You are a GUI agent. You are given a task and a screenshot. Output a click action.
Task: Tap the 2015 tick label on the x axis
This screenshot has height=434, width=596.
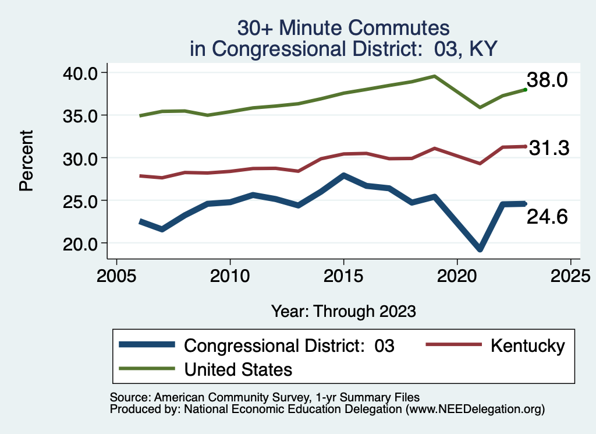[343, 274]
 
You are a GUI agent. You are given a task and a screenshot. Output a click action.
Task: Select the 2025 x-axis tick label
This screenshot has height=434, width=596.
[570, 274]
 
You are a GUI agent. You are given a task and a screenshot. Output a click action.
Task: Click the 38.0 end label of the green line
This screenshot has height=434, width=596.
[547, 80]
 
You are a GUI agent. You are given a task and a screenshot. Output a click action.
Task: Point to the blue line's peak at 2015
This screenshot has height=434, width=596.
[343, 175]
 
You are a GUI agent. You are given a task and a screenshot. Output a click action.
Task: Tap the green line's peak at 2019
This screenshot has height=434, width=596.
[434, 76]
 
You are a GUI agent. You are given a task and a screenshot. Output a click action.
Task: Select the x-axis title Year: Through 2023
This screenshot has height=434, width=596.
[343, 310]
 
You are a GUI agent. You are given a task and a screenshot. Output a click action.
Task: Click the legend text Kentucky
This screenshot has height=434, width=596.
[527, 345]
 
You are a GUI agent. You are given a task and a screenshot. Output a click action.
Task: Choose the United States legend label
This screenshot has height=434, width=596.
[238, 369]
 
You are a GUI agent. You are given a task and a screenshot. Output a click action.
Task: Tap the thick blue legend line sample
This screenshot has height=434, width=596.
[147, 345]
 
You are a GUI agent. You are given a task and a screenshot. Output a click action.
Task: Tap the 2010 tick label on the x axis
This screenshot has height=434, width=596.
[230, 274]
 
